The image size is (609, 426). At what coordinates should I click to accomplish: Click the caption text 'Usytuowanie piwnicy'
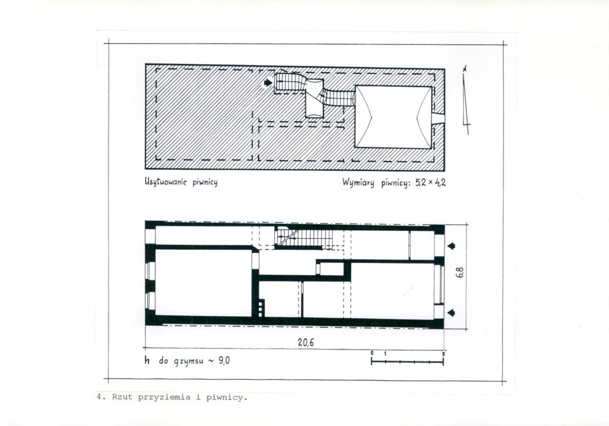click(181, 182)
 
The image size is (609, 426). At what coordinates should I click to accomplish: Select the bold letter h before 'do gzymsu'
click(147, 361)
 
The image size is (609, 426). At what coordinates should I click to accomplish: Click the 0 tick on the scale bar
click(371, 353)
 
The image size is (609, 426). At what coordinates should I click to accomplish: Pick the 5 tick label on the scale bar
click(444, 353)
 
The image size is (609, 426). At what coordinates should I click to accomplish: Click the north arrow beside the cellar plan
click(466, 99)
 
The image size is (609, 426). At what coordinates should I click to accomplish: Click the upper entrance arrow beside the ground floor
click(451, 246)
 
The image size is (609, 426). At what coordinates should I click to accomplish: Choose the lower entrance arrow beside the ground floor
click(451, 312)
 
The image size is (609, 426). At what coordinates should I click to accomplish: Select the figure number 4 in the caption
click(98, 398)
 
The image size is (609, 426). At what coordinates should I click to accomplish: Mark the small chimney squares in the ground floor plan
click(261, 307)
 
